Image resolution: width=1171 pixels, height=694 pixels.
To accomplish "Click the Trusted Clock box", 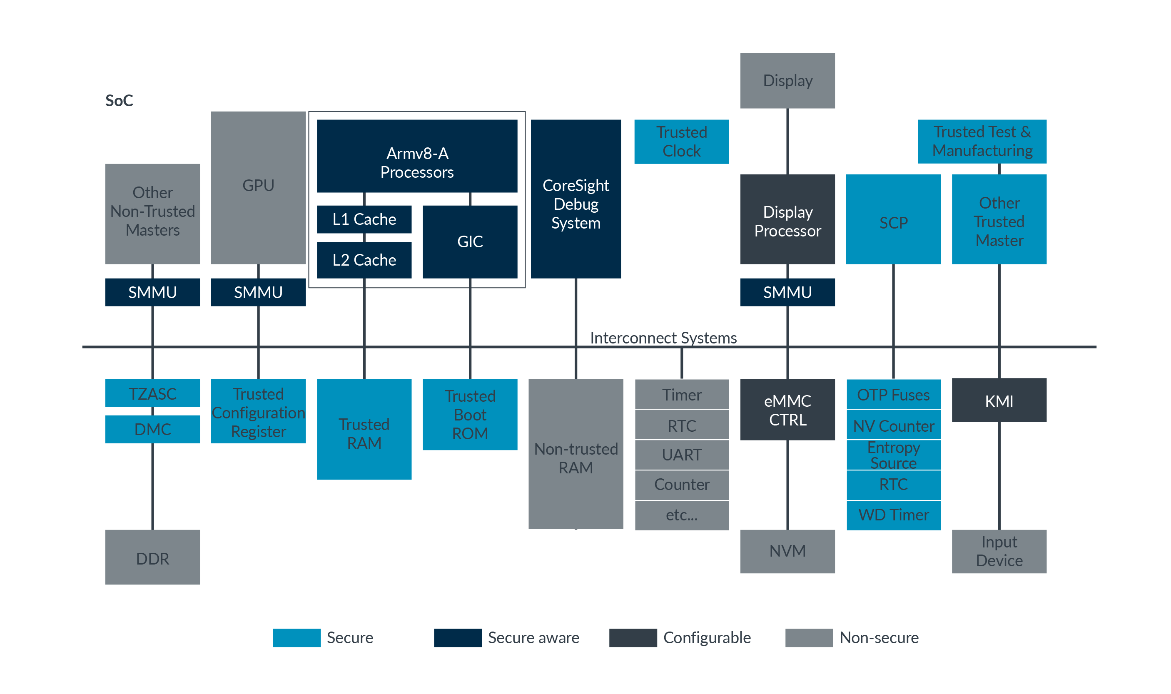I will [681, 142].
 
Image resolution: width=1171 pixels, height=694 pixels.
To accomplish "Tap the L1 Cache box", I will [364, 219].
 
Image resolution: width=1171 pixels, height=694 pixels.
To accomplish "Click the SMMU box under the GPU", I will [258, 292].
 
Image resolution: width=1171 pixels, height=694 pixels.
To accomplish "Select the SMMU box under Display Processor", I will [787, 292].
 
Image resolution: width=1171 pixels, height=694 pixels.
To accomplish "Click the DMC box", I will [152, 429].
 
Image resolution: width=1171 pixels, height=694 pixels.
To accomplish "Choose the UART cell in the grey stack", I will [681, 455].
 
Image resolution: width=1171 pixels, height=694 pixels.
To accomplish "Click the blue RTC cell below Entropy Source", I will [893, 485].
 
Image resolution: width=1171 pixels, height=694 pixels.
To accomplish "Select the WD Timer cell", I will [893, 515].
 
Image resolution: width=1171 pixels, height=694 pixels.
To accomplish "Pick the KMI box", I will [999, 400].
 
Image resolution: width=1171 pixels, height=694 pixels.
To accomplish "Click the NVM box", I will [787, 551].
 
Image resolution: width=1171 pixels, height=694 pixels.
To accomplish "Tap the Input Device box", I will [999, 551].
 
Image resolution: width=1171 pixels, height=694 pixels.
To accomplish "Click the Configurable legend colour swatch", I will [632, 637].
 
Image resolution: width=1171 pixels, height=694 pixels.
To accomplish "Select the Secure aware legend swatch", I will [457, 637].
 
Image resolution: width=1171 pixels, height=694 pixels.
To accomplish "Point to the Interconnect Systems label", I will [663, 337].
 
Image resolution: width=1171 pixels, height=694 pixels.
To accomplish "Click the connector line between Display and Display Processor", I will [787, 141].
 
